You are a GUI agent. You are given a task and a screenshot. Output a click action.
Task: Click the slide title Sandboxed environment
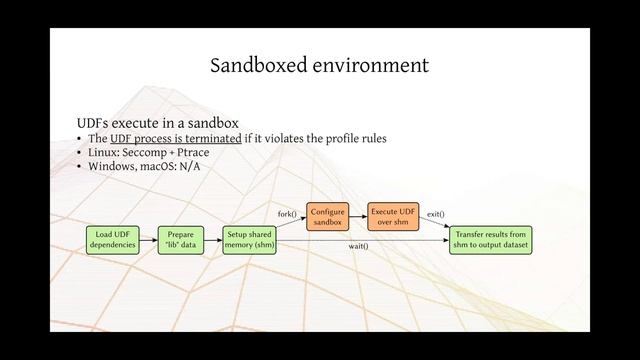(x=320, y=66)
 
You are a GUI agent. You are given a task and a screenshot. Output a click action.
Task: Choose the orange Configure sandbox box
(x=327, y=217)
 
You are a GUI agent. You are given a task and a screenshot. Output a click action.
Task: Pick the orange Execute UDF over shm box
(x=392, y=217)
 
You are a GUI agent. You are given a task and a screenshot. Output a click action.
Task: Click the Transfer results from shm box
(x=490, y=240)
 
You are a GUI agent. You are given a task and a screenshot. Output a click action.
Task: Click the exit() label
(x=435, y=213)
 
